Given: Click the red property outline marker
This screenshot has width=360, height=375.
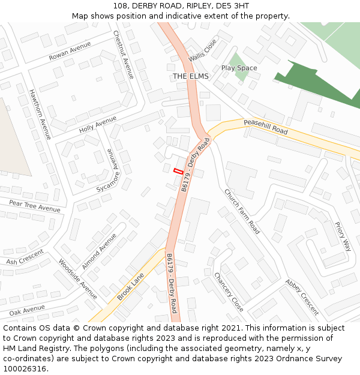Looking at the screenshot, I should tap(178, 171).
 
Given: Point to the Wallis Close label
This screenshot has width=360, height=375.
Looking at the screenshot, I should tap(202, 51).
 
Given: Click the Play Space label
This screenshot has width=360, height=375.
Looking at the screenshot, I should tap(239, 68).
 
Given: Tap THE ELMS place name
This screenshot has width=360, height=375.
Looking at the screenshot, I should tap(190, 76).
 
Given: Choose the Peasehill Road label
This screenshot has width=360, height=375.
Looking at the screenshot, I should tap(265, 127).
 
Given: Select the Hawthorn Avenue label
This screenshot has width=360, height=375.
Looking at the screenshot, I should tap(40, 115).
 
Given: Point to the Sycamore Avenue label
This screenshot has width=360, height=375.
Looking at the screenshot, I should tap(109, 171).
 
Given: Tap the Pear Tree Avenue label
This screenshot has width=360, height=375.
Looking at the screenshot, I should tap(35, 206).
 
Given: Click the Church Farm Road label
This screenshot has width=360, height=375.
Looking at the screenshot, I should tap(242, 211).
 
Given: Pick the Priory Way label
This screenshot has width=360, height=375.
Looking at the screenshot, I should tap(343, 236).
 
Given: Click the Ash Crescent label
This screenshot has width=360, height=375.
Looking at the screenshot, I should tap(25, 258).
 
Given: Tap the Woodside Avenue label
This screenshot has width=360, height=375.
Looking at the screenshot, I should tap(77, 279).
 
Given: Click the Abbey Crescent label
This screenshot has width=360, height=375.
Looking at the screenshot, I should tap(302, 296).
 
